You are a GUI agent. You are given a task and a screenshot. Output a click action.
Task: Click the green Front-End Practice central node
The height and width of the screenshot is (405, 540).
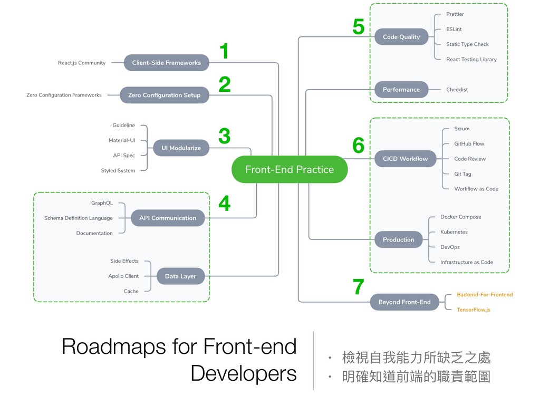point(290,169)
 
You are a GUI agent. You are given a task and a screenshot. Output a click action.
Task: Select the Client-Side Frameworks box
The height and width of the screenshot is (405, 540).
point(166,63)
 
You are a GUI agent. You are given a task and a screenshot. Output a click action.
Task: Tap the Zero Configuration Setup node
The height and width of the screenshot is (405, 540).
point(165,95)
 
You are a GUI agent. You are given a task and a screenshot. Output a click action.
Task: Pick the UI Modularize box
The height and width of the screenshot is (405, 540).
point(181,148)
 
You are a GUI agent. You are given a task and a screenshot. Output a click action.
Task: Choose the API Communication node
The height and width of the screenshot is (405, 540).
point(168,218)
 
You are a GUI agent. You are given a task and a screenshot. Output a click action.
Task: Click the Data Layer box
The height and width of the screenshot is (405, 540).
point(180,276)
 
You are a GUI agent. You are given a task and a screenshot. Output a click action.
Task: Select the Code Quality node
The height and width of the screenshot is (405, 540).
point(401,37)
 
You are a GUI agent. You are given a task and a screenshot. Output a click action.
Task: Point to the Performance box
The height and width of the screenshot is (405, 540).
point(401,90)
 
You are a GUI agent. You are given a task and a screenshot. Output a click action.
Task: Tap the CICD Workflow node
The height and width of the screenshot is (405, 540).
point(406,159)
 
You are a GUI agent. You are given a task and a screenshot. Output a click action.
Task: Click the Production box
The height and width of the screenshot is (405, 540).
point(399,240)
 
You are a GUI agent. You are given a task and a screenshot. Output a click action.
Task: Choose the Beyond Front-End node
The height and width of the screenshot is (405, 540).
point(404,302)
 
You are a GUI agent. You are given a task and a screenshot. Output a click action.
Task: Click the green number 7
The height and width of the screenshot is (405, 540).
point(359,287)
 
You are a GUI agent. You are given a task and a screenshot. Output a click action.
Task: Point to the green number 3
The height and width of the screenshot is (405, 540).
point(225,136)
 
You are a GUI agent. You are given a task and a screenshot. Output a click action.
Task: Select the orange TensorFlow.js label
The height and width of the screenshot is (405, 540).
point(474,310)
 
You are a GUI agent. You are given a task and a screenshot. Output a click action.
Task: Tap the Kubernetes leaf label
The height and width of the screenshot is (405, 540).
point(454,232)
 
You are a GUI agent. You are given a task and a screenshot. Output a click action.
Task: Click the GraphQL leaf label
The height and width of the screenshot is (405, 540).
point(102,203)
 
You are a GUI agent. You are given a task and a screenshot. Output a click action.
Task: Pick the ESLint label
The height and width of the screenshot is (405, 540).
point(454,30)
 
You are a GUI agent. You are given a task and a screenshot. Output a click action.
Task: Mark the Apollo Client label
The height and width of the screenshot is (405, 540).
point(123,276)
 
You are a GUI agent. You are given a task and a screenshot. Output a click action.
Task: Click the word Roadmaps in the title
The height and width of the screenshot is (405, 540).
point(114,346)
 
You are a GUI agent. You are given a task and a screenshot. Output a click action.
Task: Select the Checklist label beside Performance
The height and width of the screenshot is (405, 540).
point(457,90)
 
